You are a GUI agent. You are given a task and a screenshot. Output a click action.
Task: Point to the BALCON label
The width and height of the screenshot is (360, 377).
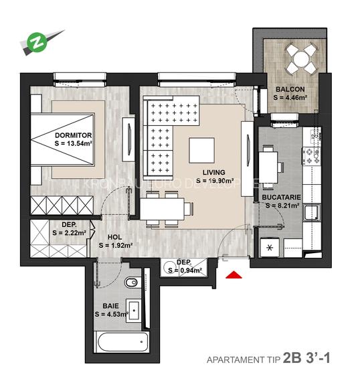290,89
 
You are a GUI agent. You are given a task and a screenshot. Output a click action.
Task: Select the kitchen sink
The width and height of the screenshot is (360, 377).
310,214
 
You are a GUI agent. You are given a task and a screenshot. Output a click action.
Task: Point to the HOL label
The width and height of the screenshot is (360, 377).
115,237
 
